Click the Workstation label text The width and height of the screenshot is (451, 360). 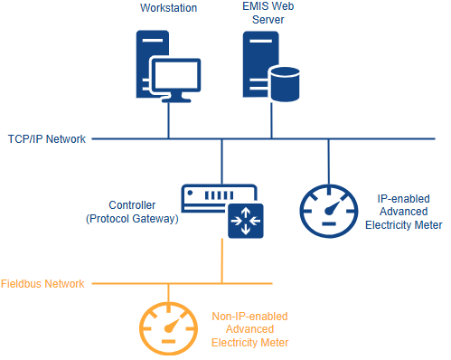169,8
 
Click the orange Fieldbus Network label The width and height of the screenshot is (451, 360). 42,284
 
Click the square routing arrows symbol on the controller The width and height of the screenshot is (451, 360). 243,222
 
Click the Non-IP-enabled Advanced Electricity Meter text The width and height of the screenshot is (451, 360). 249,329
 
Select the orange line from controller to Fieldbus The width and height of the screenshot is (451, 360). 221,262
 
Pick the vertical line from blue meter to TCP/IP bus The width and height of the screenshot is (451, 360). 328,161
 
